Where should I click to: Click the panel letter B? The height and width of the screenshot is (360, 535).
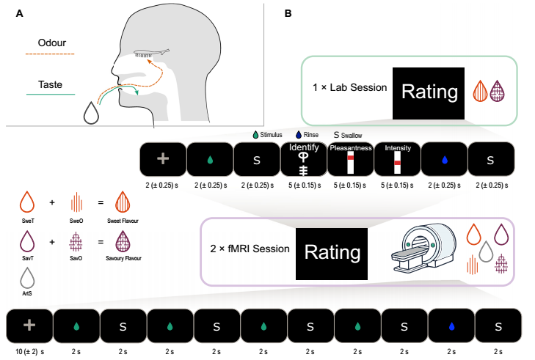tap(288, 13)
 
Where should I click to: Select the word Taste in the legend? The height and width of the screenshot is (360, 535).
tap(50, 85)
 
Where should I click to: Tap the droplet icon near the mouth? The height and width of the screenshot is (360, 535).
tap(92, 113)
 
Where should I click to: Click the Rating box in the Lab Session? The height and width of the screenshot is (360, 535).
tap(429, 91)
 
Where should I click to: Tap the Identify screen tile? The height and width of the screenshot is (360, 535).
tap(303, 158)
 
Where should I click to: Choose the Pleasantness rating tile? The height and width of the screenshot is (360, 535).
tap(350, 158)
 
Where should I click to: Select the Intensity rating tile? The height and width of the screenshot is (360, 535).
tap(397, 158)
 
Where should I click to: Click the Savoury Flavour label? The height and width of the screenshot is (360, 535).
tap(125, 259)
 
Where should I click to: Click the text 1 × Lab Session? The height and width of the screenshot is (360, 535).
tap(349, 88)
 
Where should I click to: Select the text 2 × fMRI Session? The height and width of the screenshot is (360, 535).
tap(250, 249)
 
